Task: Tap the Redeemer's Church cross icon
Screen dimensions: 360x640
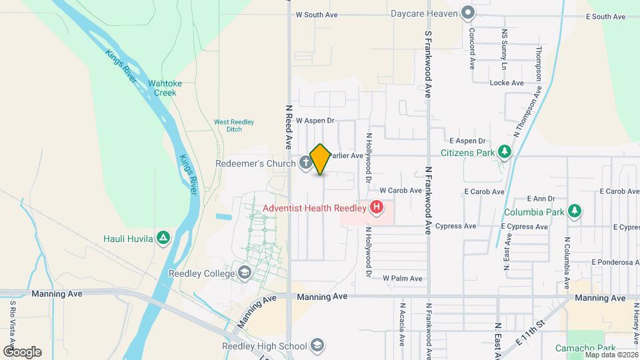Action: [x=305, y=162]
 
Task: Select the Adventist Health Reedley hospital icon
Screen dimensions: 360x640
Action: [x=377, y=207]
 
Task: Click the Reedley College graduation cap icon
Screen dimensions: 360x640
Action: [x=245, y=273]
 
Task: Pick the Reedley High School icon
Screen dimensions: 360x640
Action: [x=318, y=345]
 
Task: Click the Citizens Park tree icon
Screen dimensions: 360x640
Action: [x=505, y=152]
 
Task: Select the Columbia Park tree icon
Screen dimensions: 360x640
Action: [x=575, y=212]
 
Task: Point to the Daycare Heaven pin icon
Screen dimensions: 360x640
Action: [x=469, y=13]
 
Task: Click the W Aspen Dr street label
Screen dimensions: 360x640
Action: [x=314, y=121]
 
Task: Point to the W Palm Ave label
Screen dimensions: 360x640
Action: [x=402, y=279]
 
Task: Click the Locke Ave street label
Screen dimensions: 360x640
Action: [x=507, y=83]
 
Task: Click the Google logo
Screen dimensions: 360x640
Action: [x=21, y=351]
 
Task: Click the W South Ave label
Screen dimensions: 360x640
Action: [x=317, y=14]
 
